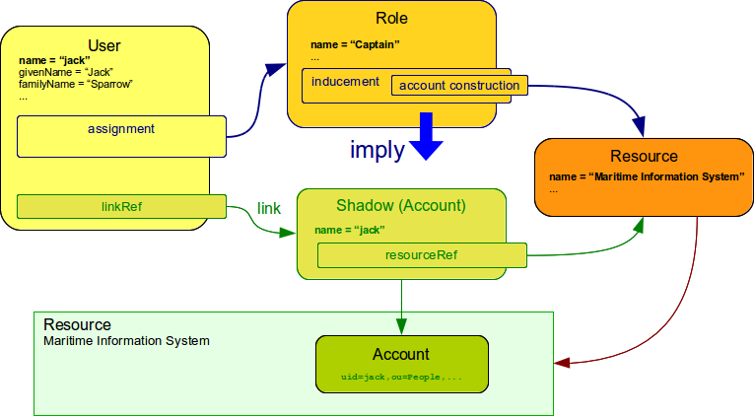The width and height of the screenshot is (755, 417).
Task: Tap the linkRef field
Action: (121, 207)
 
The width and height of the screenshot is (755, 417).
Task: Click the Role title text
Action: (391, 19)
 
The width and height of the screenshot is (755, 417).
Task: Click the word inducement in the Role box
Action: (345, 82)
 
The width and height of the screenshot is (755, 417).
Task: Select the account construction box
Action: (459, 86)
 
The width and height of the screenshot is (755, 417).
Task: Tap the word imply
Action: (377, 150)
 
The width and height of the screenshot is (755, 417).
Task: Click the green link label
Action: (269, 209)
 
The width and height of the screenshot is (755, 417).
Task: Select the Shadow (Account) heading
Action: (401, 206)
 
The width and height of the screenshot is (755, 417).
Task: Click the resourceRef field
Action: (421, 255)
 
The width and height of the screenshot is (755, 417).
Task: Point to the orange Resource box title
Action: (644, 156)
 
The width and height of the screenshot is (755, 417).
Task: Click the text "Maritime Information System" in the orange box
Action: (664, 176)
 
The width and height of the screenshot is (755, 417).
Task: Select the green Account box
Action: (401, 363)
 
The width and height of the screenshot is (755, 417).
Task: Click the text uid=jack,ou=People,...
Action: (401, 378)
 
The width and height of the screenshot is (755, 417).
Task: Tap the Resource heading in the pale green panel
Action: (77, 324)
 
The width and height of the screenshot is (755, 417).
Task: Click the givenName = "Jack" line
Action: (65, 72)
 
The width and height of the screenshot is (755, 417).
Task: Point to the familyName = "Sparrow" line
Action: (75, 84)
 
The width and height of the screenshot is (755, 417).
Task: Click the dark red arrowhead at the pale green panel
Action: (561, 363)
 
